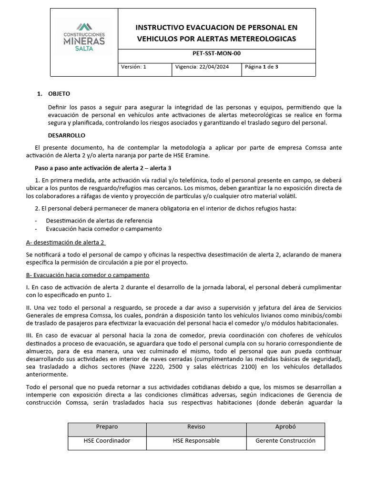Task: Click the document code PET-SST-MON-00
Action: [216, 54]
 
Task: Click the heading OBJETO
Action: [59, 93]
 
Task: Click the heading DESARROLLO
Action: [67, 135]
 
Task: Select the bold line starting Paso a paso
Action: [103, 168]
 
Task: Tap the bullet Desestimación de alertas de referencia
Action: [99, 221]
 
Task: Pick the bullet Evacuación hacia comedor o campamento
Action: [104, 229]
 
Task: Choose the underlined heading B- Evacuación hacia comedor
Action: [88, 275]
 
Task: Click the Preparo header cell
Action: [107, 427]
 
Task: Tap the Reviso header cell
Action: [196, 427]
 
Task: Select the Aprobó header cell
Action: [285, 427]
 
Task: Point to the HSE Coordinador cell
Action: [107, 441]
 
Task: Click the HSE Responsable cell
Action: [196, 441]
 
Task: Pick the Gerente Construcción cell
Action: [285, 441]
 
